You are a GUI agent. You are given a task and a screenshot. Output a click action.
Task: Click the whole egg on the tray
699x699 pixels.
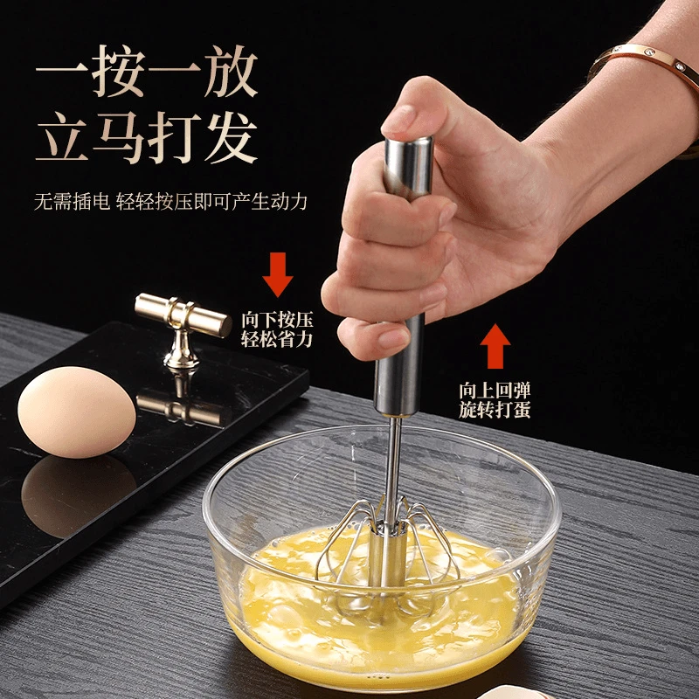[x=77, y=411]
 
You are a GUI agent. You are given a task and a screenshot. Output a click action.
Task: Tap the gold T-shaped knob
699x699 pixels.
[x=183, y=317]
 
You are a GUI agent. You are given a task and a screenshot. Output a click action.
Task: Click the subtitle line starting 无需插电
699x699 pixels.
[x=170, y=201]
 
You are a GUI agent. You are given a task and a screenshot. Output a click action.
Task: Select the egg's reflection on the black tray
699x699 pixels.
[x=74, y=494]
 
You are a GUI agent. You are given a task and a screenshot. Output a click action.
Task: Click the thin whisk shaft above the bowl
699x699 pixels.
[x=396, y=459]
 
